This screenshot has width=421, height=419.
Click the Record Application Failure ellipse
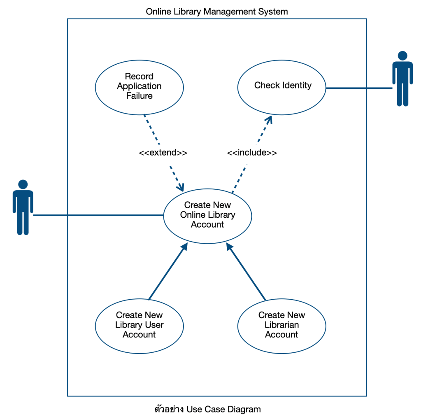coord(139,86)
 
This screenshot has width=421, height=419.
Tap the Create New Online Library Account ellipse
coord(207,215)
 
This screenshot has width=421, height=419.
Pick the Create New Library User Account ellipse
coord(139,325)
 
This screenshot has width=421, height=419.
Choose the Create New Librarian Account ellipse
coord(282,325)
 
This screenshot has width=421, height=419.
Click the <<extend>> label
coord(163,153)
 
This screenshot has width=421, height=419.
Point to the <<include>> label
coord(252,153)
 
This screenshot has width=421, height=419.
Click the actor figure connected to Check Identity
coord(402,80)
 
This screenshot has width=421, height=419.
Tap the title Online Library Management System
coord(217,12)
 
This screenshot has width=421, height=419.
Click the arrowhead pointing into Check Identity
coord(270,119)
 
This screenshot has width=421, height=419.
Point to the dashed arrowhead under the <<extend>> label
coord(181,187)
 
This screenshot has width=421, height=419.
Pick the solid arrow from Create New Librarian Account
coord(246,272)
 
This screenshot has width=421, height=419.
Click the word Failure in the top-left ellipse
coord(139,96)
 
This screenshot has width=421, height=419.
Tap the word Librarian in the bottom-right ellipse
coord(282,325)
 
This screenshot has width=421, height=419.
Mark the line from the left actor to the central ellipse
coord(99,215)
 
